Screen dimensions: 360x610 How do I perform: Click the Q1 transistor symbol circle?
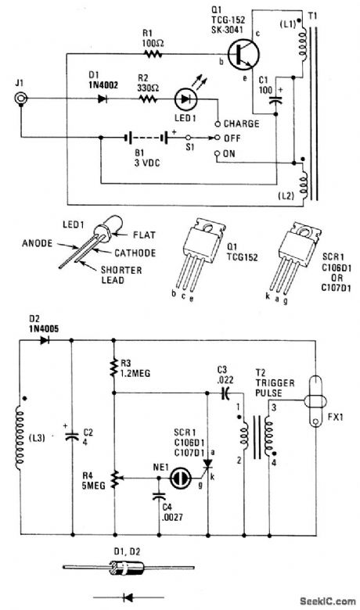click(243, 55)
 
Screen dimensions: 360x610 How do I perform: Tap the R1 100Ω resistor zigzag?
click(153, 54)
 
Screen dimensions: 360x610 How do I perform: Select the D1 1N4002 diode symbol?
click(103, 99)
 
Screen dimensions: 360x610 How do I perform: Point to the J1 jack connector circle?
click(20, 99)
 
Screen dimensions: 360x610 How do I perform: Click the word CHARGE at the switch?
click(241, 124)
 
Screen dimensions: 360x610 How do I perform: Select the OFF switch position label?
click(232, 138)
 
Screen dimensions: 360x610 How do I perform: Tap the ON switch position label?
click(229, 153)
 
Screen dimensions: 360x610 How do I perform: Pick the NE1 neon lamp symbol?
click(180, 478)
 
